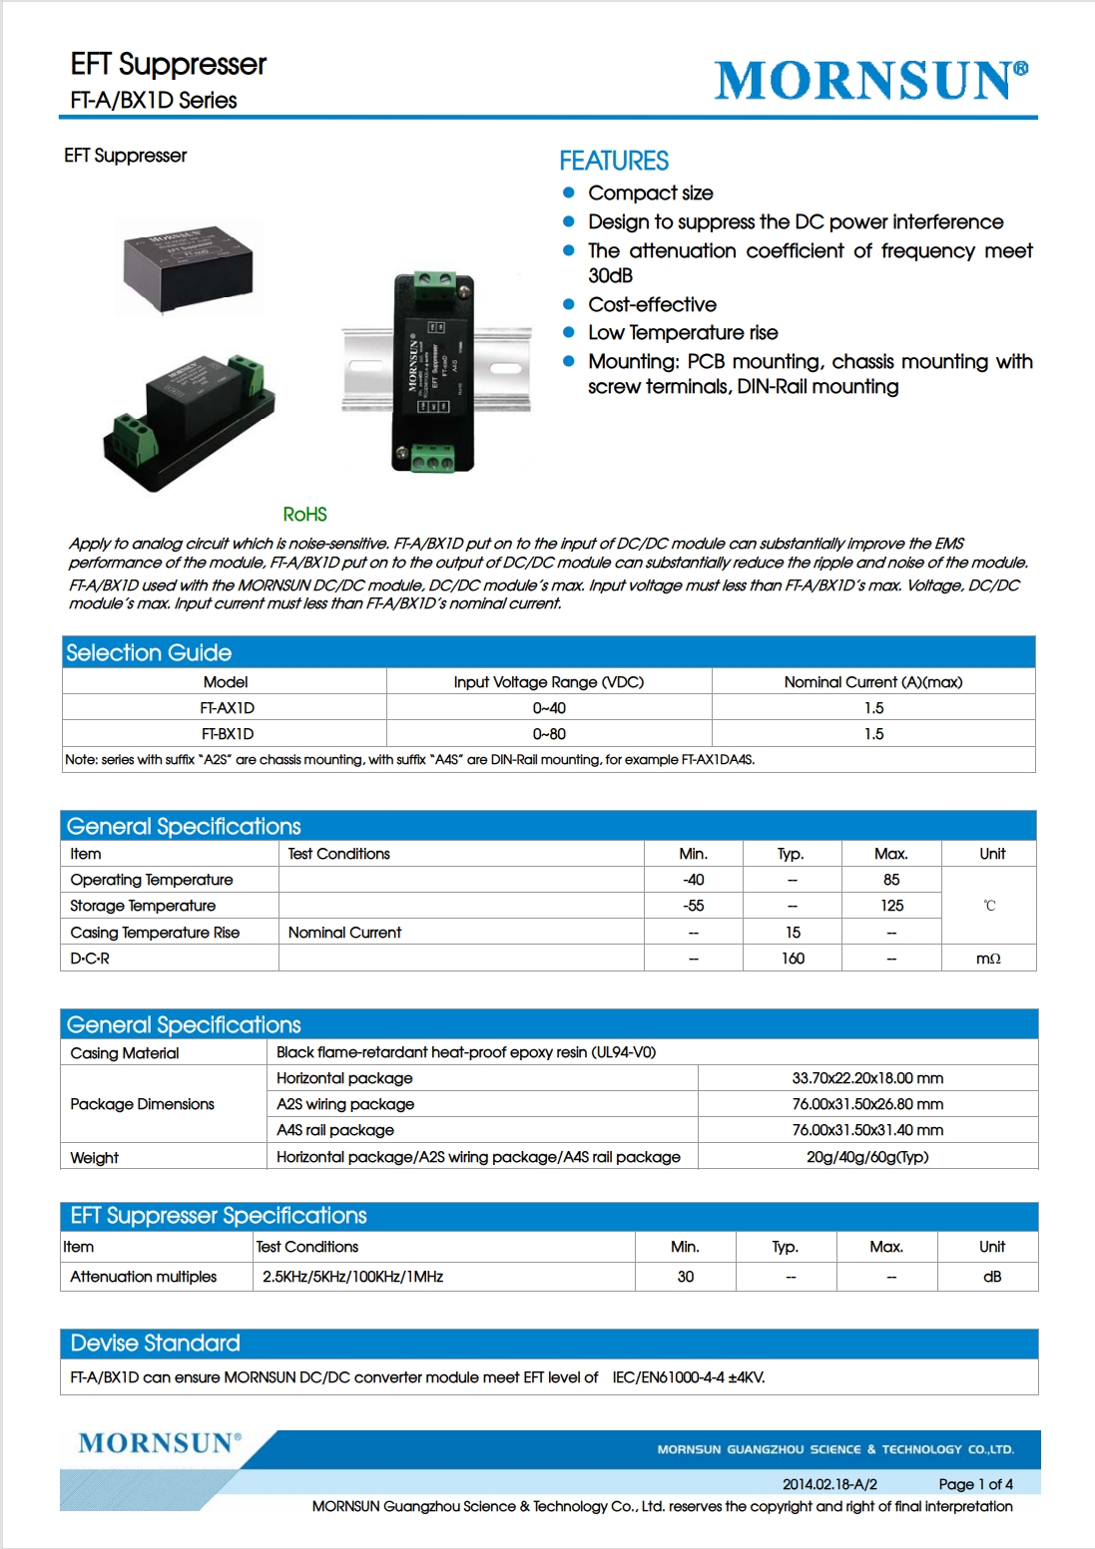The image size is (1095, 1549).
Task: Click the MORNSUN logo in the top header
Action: click(x=870, y=80)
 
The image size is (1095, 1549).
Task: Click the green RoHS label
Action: click(x=304, y=515)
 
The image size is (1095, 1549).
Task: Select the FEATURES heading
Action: click(x=614, y=161)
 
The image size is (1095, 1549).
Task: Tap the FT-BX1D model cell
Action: click(x=228, y=734)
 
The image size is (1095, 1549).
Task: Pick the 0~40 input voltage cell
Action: click(x=549, y=708)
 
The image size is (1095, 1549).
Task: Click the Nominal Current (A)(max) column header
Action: click(x=872, y=682)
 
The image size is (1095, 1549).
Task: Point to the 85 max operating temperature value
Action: click(x=891, y=880)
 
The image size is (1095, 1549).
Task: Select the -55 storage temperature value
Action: click(x=693, y=906)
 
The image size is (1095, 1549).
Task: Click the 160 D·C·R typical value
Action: click(x=793, y=959)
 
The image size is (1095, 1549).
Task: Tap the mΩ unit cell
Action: click(x=988, y=959)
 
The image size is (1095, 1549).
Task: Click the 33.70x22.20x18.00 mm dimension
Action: click(x=867, y=1078)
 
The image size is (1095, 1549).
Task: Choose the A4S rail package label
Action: click(x=335, y=1130)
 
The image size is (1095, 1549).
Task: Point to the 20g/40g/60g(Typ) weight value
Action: click(x=867, y=1157)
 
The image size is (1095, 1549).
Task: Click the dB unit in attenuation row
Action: click(x=991, y=1277)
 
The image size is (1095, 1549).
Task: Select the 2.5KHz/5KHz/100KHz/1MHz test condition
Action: click(x=352, y=1277)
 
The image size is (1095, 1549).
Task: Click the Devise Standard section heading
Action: click(x=156, y=1344)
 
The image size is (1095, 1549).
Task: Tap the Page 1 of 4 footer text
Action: click(x=975, y=1484)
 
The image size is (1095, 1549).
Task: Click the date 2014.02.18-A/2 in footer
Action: click(x=829, y=1484)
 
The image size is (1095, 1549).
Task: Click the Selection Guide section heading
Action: click(x=149, y=653)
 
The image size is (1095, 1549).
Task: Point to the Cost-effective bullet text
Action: click(x=652, y=305)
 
